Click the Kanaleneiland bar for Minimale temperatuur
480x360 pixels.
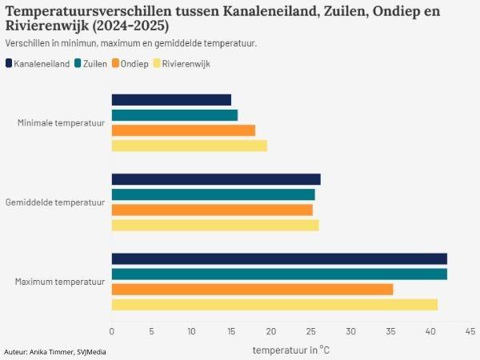(x=171, y=100)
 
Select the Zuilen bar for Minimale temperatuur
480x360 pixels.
(x=174, y=115)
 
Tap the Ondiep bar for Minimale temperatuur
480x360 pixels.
(x=183, y=130)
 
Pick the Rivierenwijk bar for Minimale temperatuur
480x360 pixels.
(x=189, y=146)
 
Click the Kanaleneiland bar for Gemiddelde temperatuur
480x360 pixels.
(x=216, y=179)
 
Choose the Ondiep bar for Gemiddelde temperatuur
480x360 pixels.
(x=212, y=210)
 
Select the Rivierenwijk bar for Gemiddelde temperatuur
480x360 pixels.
(x=215, y=225)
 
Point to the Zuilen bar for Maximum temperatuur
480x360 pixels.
(x=279, y=274)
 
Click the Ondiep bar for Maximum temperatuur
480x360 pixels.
(x=252, y=289)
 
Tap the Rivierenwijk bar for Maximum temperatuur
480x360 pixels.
(x=274, y=304)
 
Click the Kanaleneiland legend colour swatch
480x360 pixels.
(x=9, y=63)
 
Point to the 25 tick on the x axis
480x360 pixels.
(x=311, y=330)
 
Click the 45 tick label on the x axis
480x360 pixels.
(x=470, y=330)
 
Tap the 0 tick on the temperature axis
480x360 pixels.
(x=112, y=330)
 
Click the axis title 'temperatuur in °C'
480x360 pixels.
(x=290, y=350)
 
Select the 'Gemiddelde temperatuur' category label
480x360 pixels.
(x=55, y=202)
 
